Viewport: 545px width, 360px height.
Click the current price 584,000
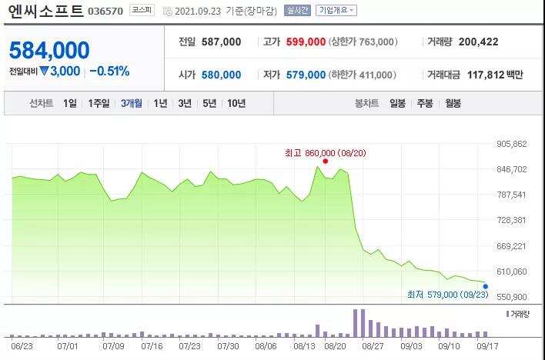coord(49,51)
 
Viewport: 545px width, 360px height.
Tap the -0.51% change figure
coord(109,71)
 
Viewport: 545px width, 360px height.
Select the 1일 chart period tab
coord(70,103)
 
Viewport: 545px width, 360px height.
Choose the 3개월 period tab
coord(132,103)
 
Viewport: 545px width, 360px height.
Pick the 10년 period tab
coord(236,103)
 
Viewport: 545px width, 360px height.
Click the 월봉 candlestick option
coord(453,103)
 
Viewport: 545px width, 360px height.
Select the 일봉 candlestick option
coord(397,103)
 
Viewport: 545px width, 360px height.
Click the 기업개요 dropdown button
coord(337,11)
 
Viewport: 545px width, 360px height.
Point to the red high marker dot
coord(326,161)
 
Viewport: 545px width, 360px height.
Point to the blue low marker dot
coord(485,286)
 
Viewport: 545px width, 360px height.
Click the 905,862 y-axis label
coord(511,144)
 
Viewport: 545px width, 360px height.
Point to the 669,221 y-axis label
coord(511,246)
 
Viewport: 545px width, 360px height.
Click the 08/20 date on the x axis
coord(336,347)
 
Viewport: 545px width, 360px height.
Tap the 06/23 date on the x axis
coord(22,347)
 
